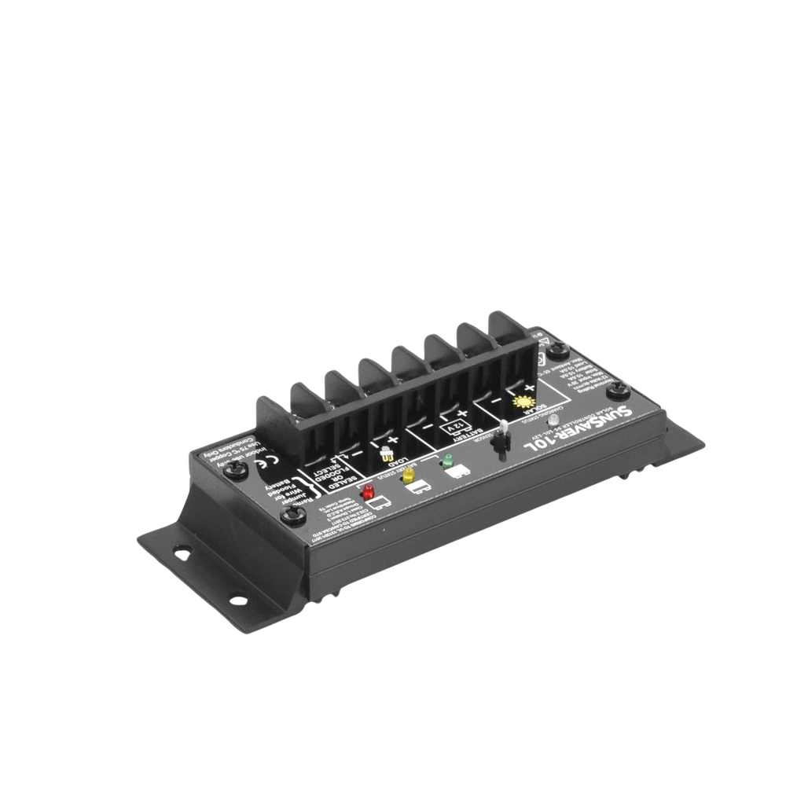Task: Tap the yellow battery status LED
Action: click(x=408, y=476)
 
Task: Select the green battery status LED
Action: click(x=449, y=460)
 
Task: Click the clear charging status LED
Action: click(x=555, y=421)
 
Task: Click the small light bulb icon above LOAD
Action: click(x=386, y=455)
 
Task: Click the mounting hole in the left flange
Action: click(x=182, y=553)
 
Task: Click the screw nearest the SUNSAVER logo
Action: click(x=618, y=387)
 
